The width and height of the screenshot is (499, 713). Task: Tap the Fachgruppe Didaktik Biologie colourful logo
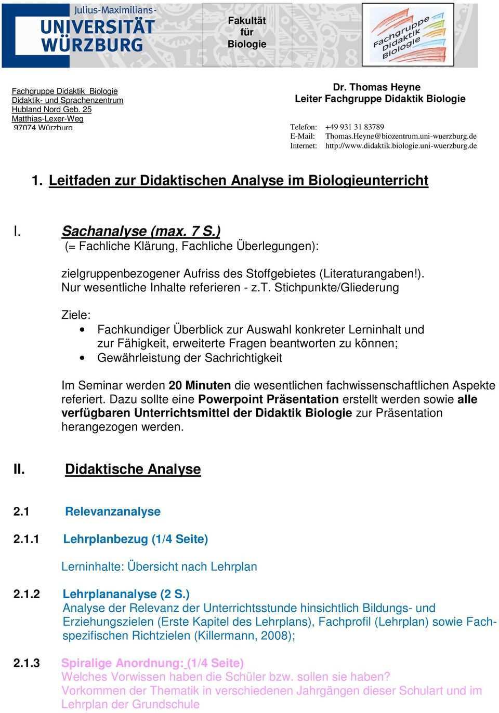(408, 34)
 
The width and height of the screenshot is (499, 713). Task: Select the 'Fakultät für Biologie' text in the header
(247, 32)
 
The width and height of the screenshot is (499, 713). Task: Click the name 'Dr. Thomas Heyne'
(384, 87)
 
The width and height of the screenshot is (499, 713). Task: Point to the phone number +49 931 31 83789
(354, 127)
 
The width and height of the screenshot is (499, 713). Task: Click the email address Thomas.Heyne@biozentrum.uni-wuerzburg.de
(401, 136)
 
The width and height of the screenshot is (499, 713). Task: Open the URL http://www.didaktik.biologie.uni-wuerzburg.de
(401, 146)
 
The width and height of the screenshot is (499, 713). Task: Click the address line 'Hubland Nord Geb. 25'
(51, 110)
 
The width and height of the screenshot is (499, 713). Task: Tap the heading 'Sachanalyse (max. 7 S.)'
(141, 231)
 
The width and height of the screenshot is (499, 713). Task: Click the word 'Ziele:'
(75, 315)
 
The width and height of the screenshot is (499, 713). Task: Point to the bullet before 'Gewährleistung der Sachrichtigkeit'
(84, 358)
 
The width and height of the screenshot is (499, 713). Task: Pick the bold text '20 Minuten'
(200, 385)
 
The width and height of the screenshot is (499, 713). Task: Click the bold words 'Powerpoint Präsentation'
(268, 399)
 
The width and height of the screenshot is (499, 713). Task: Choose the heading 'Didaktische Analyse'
(133, 469)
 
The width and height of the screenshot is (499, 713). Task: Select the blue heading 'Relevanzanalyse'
(112, 512)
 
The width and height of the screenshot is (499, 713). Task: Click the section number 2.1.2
(27, 594)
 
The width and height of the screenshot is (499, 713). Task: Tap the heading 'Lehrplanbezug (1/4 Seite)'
(135, 539)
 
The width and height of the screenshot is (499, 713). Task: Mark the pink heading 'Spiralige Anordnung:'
(122, 663)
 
